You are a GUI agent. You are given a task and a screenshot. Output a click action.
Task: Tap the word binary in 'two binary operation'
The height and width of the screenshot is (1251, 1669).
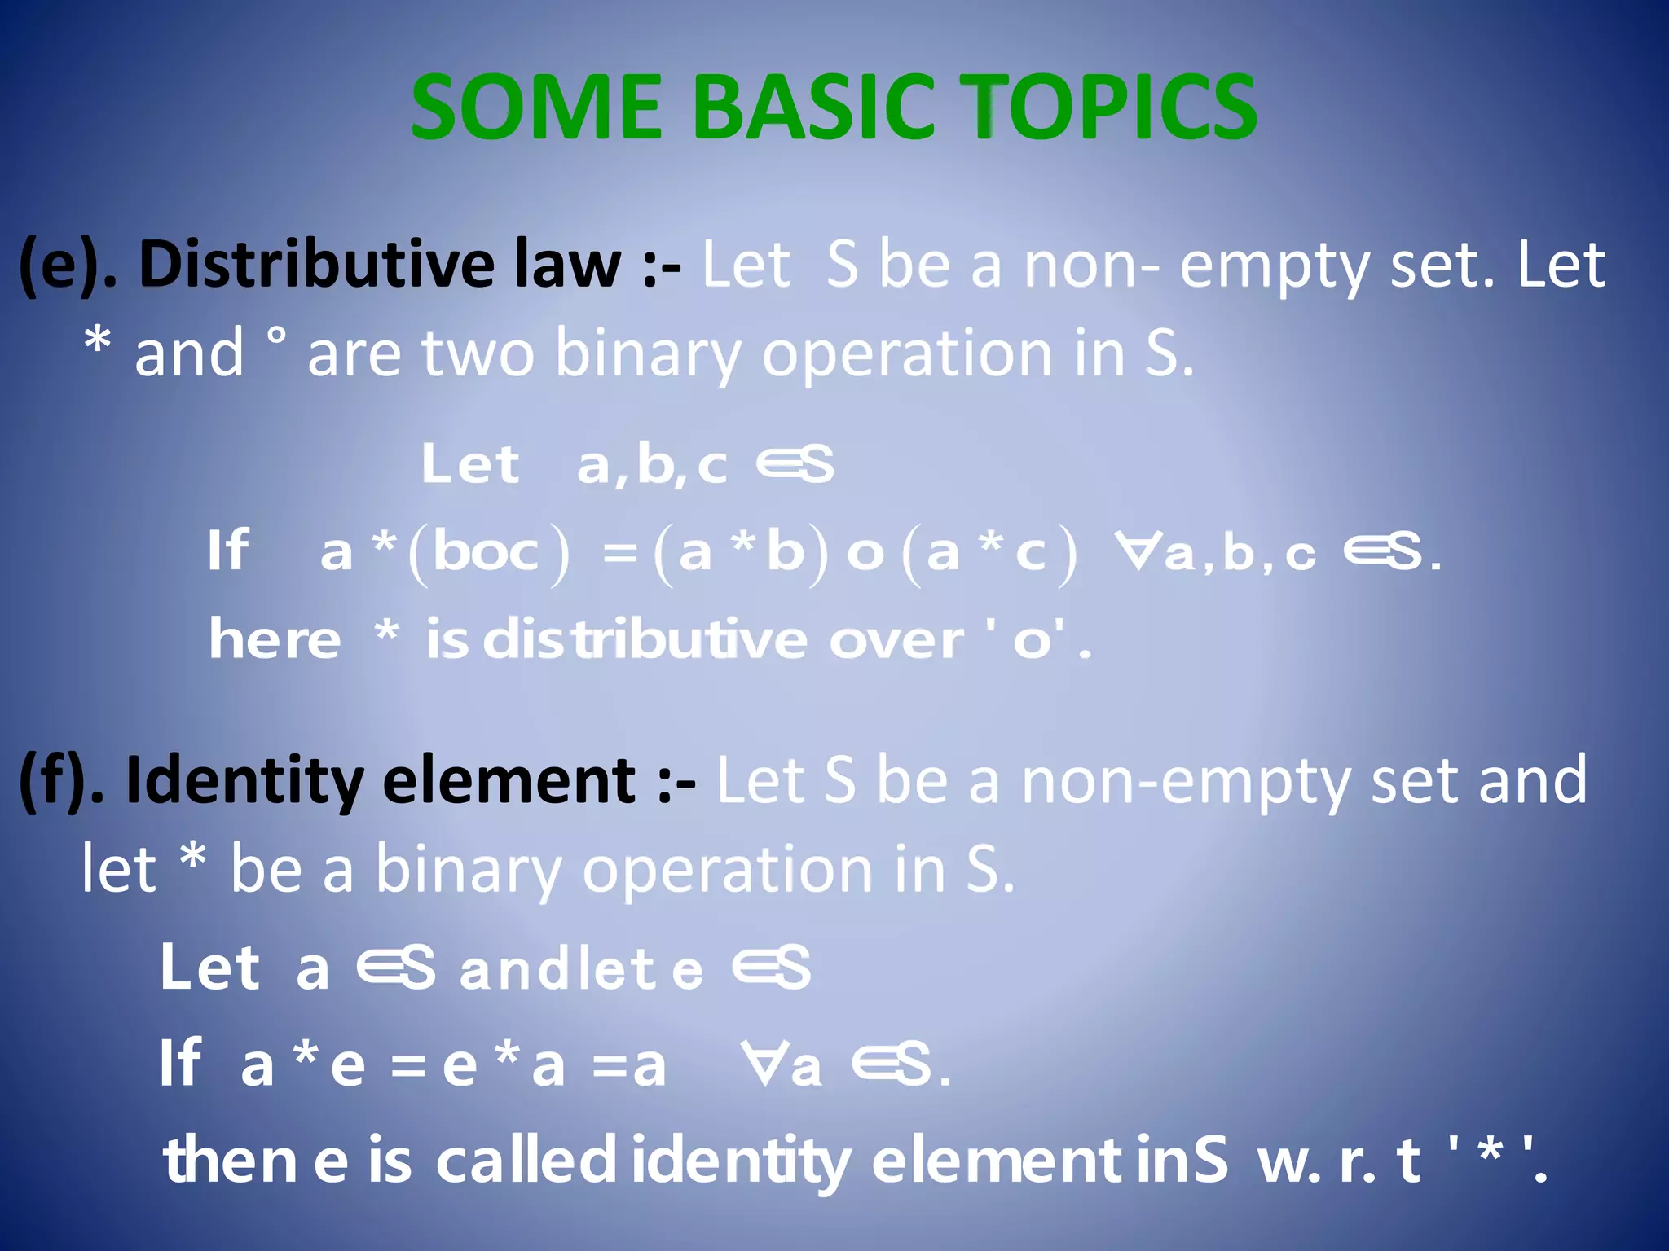[648, 354]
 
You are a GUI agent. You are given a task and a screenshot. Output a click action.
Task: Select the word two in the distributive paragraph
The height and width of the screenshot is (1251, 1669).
[478, 354]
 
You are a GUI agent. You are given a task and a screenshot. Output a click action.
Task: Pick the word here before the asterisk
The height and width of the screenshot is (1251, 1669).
[275, 639]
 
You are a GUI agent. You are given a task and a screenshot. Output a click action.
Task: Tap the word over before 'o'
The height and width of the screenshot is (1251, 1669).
[896, 639]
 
